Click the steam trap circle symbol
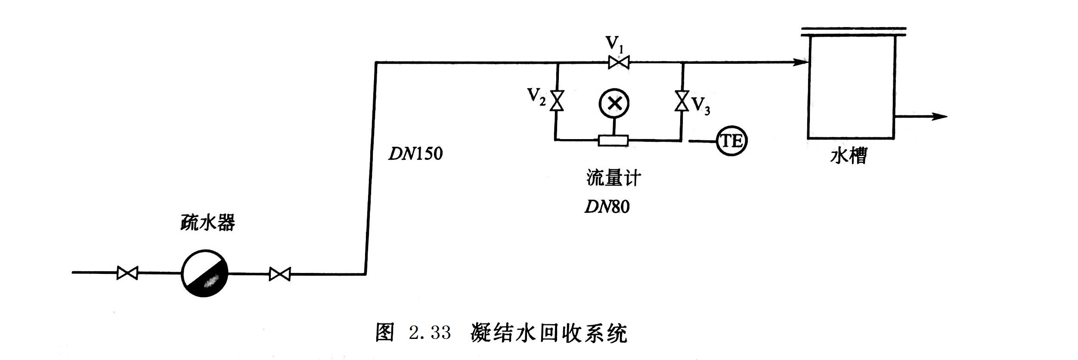pyautogui.click(x=204, y=273)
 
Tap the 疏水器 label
pyautogui.click(x=208, y=223)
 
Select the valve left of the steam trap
pyautogui.click(x=127, y=273)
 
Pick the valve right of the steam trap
pyautogui.click(x=280, y=274)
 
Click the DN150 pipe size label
pyautogui.click(x=415, y=154)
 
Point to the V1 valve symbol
pyautogui.click(x=619, y=63)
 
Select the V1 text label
pyautogui.click(x=614, y=44)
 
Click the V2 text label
pyautogui.click(x=536, y=96)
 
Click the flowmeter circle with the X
pyautogui.click(x=614, y=103)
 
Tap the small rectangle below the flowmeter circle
pyautogui.click(x=613, y=140)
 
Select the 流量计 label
pyautogui.click(x=613, y=178)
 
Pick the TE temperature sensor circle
pyautogui.click(x=731, y=141)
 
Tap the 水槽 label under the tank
pyautogui.click(x=848, y=155)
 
